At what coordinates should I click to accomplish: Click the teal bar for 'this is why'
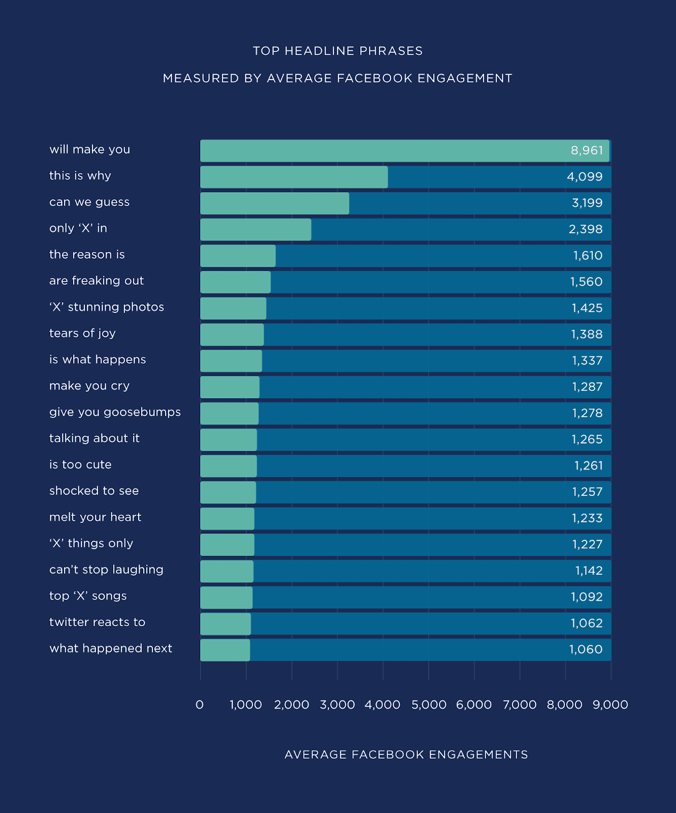[x=294, y=177]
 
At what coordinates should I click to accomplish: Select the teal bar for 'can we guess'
[x=274, y=203]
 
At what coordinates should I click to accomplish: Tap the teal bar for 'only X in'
[x=255, y=230]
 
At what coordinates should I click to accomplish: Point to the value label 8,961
[x=587, y=150]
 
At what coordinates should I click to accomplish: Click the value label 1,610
[x=588, y=256]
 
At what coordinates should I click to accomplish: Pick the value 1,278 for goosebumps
[x=587, y=413]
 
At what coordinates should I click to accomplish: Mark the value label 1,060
[x=586, y=649]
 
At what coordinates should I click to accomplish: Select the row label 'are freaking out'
[x=96, y=281]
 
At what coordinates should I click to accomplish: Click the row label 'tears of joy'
[x=82, y=333]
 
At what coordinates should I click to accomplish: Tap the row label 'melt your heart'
[x=95, y=517]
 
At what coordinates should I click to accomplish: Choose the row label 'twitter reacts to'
[x=97, y=622]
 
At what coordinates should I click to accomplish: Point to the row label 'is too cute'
[x=80, y=465]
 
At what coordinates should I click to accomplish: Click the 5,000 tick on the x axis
[x=429, y=705]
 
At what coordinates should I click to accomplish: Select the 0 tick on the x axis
[x=200, y=705]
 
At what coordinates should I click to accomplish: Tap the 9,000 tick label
[x=610, y=705]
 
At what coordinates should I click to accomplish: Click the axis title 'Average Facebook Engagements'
[x=406, y=755]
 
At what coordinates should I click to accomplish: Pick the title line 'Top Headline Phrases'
[x=338, y=51]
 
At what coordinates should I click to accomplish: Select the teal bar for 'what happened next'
[x=225, y=650]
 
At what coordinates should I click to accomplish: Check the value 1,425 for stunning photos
[x=587, y=308]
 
